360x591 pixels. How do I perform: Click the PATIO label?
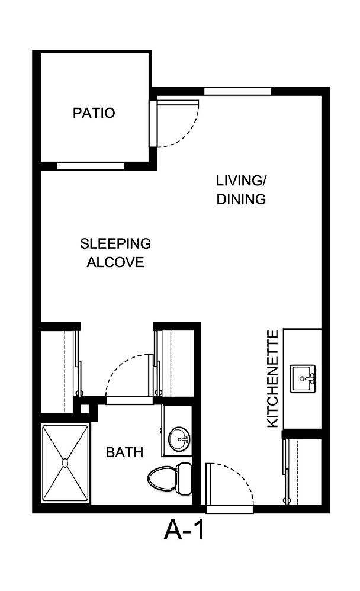(x=94, y=113)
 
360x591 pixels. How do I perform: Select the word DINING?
(x=240, y=199)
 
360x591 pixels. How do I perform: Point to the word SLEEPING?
(x=115, y=243)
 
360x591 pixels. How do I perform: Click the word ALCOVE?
(x=115, y=262)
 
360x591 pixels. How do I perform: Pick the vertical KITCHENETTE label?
(x=272, y=379)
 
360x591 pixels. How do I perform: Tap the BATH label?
(x=124, y=452)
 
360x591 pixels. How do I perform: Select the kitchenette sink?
(x=303, y=379)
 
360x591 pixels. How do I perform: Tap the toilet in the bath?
(x=170, y=477)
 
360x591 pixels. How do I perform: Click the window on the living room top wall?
(x=237, y=91)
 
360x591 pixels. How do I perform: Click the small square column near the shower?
(x=85, y=408)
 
